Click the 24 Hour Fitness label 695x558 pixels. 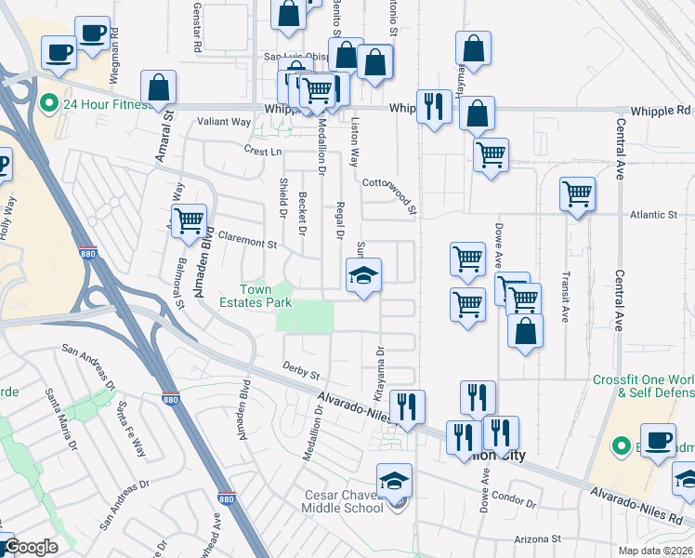point(107,104)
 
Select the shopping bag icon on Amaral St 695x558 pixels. point(159,88)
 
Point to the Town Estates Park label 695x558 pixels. point(256,296)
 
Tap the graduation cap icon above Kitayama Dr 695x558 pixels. point(363,275)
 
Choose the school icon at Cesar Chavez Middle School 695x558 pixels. point(394,481)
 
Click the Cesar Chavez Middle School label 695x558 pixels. point(344,501)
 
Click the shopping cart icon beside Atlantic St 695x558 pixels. point(577,193)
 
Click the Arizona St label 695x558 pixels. point(539,538)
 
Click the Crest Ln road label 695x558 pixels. point(262,151)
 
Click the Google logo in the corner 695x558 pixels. point(31,547)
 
